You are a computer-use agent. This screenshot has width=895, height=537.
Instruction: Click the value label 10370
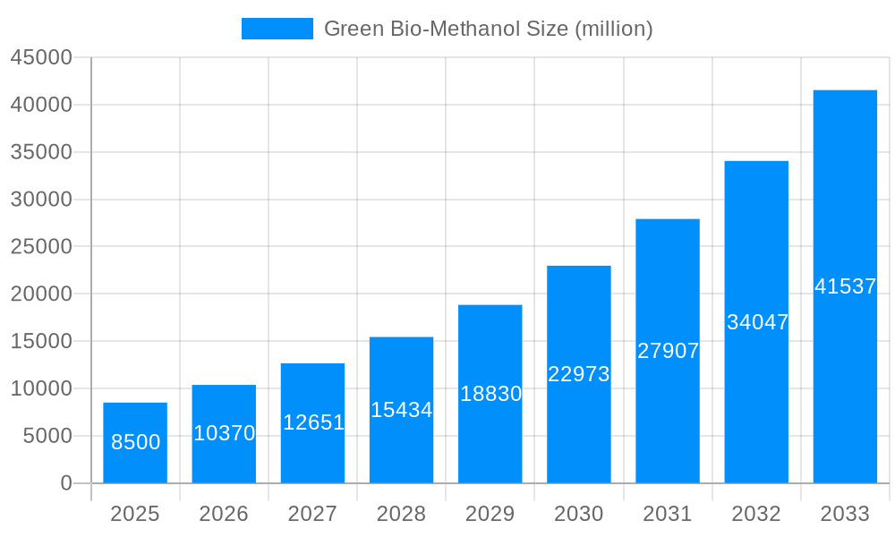(225, 433)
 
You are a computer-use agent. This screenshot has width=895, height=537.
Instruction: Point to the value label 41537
(845, 287)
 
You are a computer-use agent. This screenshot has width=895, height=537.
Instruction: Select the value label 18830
(490, 394)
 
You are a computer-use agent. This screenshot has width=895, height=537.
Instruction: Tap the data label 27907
(668, 351)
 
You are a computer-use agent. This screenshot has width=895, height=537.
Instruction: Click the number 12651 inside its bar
(313, 422)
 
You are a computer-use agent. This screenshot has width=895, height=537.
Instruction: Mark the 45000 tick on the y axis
(41, 57)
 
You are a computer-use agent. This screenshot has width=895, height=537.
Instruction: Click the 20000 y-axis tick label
(41, 294)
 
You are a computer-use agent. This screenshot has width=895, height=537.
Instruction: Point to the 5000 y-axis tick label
(47, 436)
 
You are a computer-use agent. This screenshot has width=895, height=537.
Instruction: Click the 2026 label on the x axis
(224, 514)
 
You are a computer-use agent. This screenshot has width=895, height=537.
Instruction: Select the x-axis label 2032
(756, 514)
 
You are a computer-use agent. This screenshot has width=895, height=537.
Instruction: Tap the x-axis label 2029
(490, 514)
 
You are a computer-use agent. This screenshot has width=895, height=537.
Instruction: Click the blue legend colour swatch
(277, 29)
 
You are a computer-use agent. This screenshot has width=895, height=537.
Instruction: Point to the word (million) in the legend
(613, 29)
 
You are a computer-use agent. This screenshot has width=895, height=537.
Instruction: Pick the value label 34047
(757, 322)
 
